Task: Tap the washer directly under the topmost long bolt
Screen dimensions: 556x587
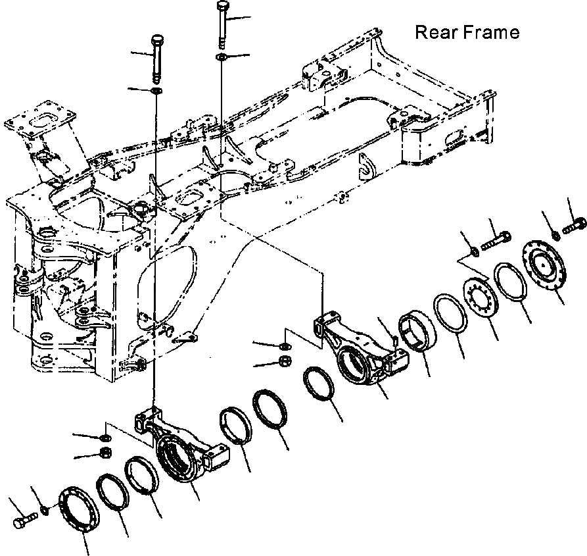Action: click(220, 59)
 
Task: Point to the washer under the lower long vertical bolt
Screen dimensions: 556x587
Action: click(157, 89)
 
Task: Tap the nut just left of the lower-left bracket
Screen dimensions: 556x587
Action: click(104, 452)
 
